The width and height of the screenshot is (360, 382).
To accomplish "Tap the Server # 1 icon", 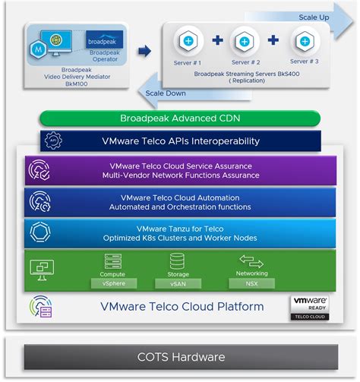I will [187, 40].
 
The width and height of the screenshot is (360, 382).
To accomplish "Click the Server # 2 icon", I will [245, 40].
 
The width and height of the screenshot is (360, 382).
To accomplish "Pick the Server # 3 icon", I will [305, 40].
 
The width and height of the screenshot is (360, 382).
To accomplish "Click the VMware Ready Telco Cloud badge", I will [310, 306].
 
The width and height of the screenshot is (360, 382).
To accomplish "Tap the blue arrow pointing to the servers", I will [144, 51].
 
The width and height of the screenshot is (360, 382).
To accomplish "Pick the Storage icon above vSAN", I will [178, 260].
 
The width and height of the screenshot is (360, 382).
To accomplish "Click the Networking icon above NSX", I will [251, 260].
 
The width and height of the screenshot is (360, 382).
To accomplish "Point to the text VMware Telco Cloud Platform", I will [182, 307].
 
